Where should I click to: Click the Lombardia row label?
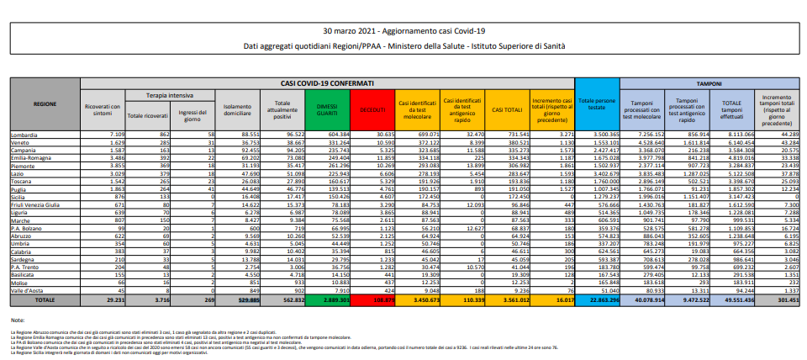click(28, 135)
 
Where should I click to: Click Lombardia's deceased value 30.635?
click(371, 135)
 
